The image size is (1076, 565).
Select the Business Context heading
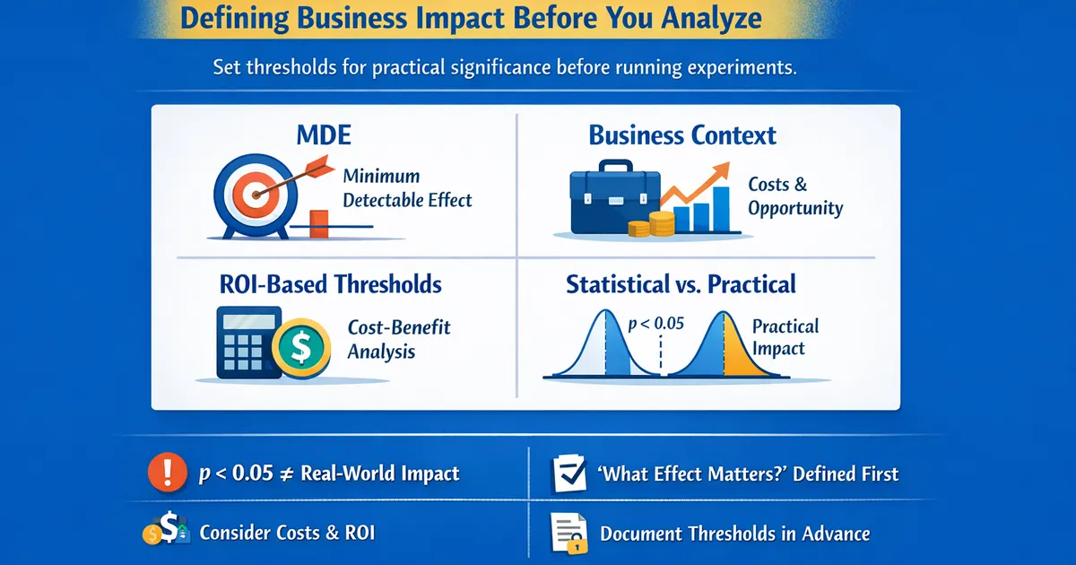[x=682, y=136]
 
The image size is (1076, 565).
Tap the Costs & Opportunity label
[x=795, y=196]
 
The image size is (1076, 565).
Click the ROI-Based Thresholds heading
[x=331, y=284]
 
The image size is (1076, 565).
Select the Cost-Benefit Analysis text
[x=398, y=339]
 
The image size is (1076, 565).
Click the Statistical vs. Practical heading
[x=681, y=284]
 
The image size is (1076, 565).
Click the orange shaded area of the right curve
[x=740, y=354]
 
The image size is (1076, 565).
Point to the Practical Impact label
[x=785, y=338]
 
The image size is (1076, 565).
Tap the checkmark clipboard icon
[x=566, y=474]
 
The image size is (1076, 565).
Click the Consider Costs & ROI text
[x=287, y=533]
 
